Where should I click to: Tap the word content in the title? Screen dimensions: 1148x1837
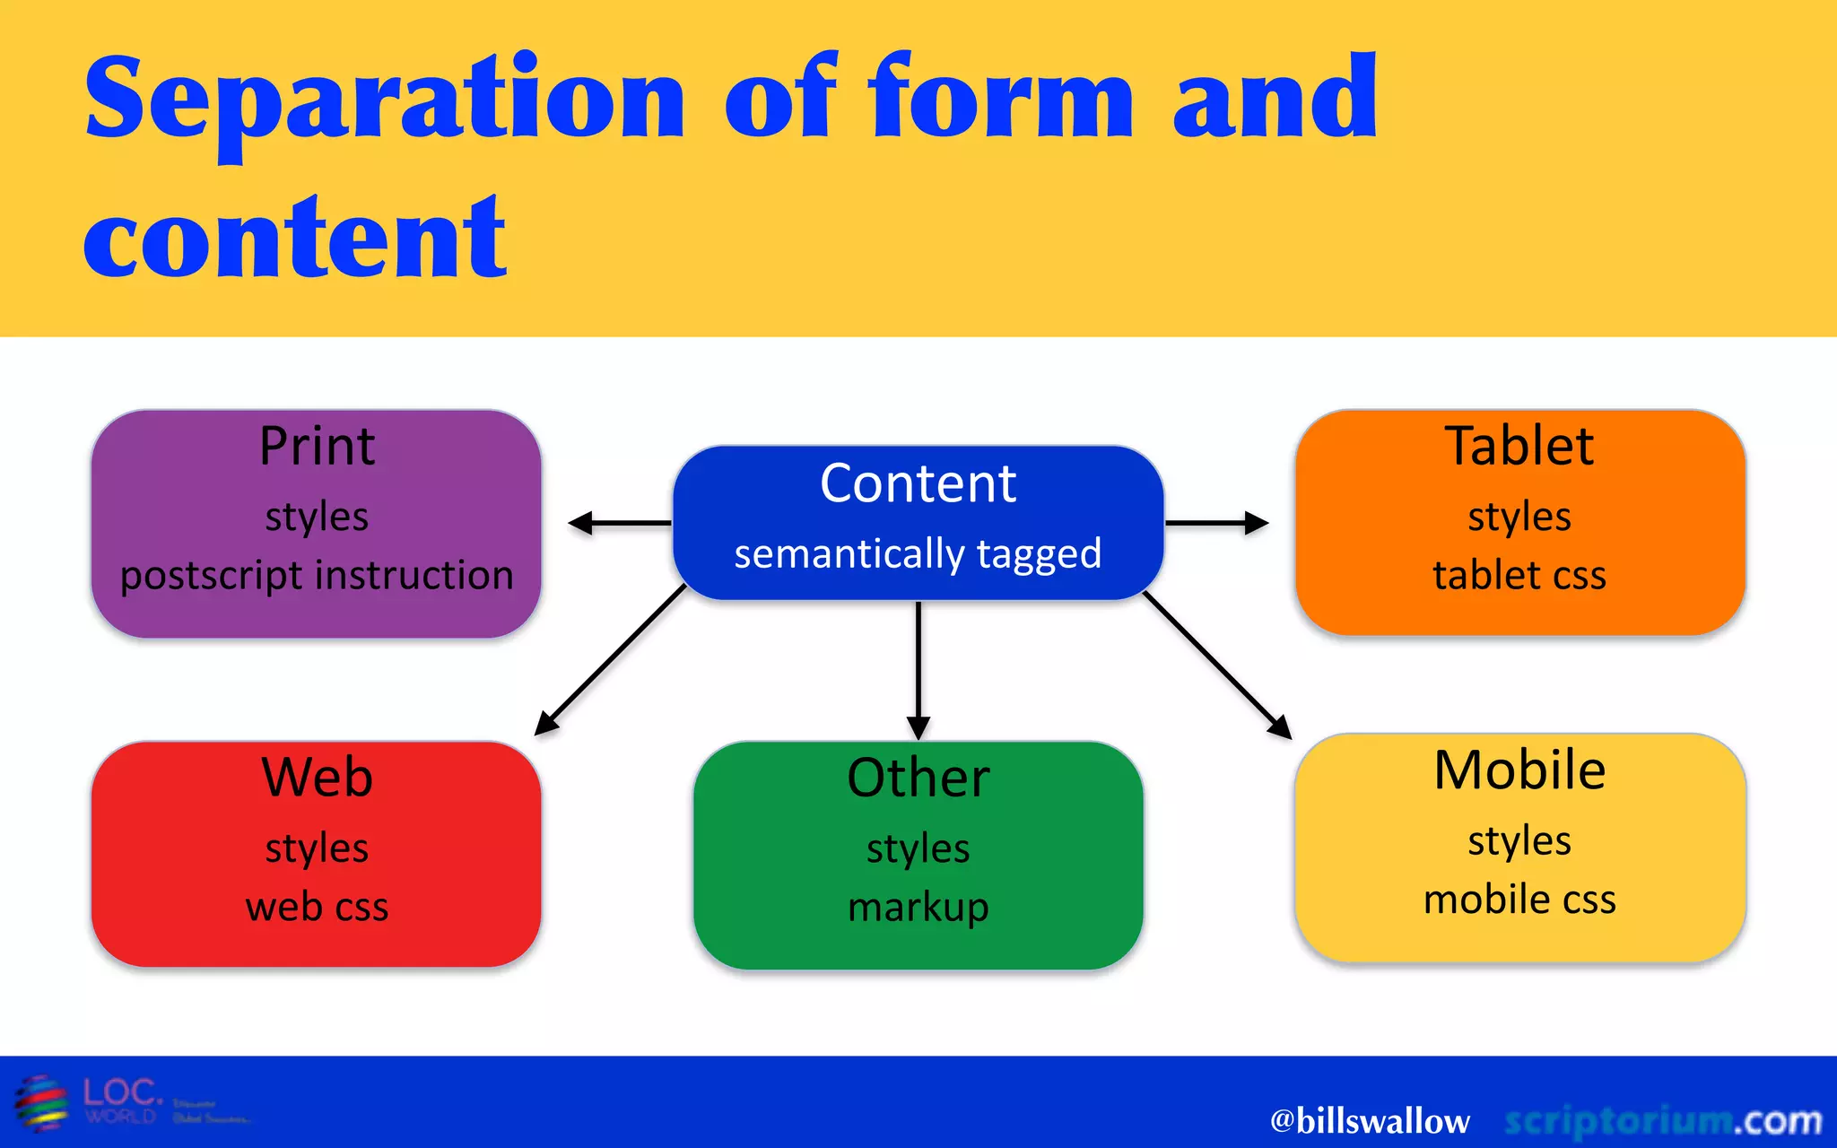pos(294,238)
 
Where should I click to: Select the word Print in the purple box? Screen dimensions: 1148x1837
pos(317,446)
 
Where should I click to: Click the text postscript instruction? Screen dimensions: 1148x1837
pos(317,575)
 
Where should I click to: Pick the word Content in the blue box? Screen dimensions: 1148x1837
pos(918,483)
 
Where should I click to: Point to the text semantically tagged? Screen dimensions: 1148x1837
pos(918,554)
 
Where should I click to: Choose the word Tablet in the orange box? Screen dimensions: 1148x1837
pos(1519,446)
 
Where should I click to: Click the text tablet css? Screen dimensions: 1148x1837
pos(1519,575)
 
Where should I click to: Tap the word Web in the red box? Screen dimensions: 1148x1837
pos(317,777)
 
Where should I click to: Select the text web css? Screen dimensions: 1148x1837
pos(317,907)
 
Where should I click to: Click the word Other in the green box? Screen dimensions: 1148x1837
pos(918,777)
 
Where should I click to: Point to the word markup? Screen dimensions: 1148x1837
pos(918,907)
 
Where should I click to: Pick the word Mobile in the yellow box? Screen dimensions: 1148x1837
pos(1519,770)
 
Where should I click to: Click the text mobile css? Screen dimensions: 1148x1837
pos(1519,900)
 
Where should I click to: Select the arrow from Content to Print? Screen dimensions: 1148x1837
pos(619,523)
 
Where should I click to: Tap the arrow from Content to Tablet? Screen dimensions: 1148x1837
pos(1216,523)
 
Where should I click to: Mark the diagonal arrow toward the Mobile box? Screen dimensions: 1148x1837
pos(1217,665)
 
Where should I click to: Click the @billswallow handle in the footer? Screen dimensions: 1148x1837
pos(1370,1121)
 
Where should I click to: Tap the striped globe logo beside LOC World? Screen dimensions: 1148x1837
pos(42,1103)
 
